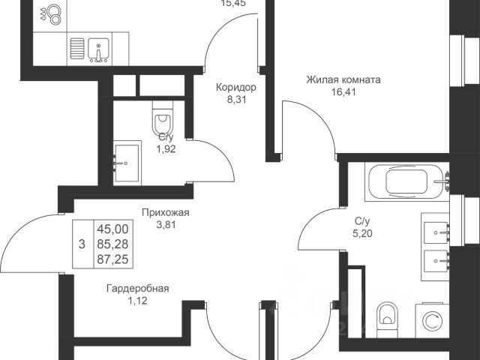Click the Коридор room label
(236, 87)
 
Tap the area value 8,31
(236, 100)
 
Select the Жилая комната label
(344, 79)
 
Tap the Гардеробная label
(137, 288)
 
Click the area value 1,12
(137, 301)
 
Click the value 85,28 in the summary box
(112, 243)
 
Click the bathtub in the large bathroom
(406, 182)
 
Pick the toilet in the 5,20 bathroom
(387, 321)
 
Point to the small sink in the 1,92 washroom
(125, 160)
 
